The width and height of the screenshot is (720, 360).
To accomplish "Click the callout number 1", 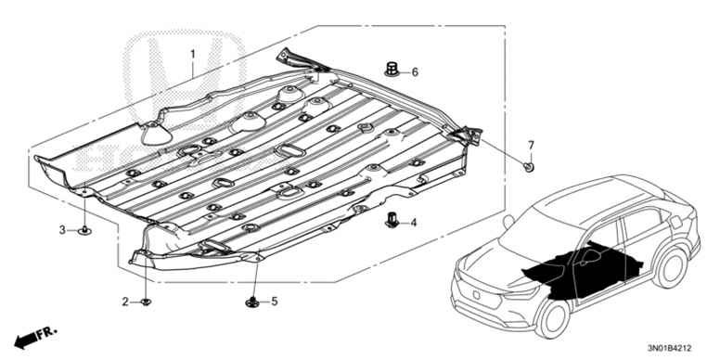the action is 193,54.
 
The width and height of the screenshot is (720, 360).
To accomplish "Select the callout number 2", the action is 125,302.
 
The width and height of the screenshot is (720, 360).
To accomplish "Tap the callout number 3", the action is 62,230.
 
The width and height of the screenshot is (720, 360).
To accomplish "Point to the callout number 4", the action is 413,223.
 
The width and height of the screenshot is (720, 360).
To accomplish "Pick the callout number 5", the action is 274,302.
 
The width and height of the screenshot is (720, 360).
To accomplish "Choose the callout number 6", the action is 415,72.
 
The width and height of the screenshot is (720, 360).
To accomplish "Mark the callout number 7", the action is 531,146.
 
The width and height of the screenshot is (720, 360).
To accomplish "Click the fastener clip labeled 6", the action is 392,70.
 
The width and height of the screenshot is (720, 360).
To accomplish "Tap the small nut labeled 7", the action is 529,167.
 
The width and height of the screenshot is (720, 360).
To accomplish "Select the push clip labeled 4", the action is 392,221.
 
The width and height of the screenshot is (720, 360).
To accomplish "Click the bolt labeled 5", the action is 252,302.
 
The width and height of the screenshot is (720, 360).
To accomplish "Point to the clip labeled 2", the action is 146,302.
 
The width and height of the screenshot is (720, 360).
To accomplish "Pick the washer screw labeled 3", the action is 84,230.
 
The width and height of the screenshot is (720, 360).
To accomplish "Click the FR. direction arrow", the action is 35,338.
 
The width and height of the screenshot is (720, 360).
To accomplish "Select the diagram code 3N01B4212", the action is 669,348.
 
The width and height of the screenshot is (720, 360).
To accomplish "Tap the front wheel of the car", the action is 553,317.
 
